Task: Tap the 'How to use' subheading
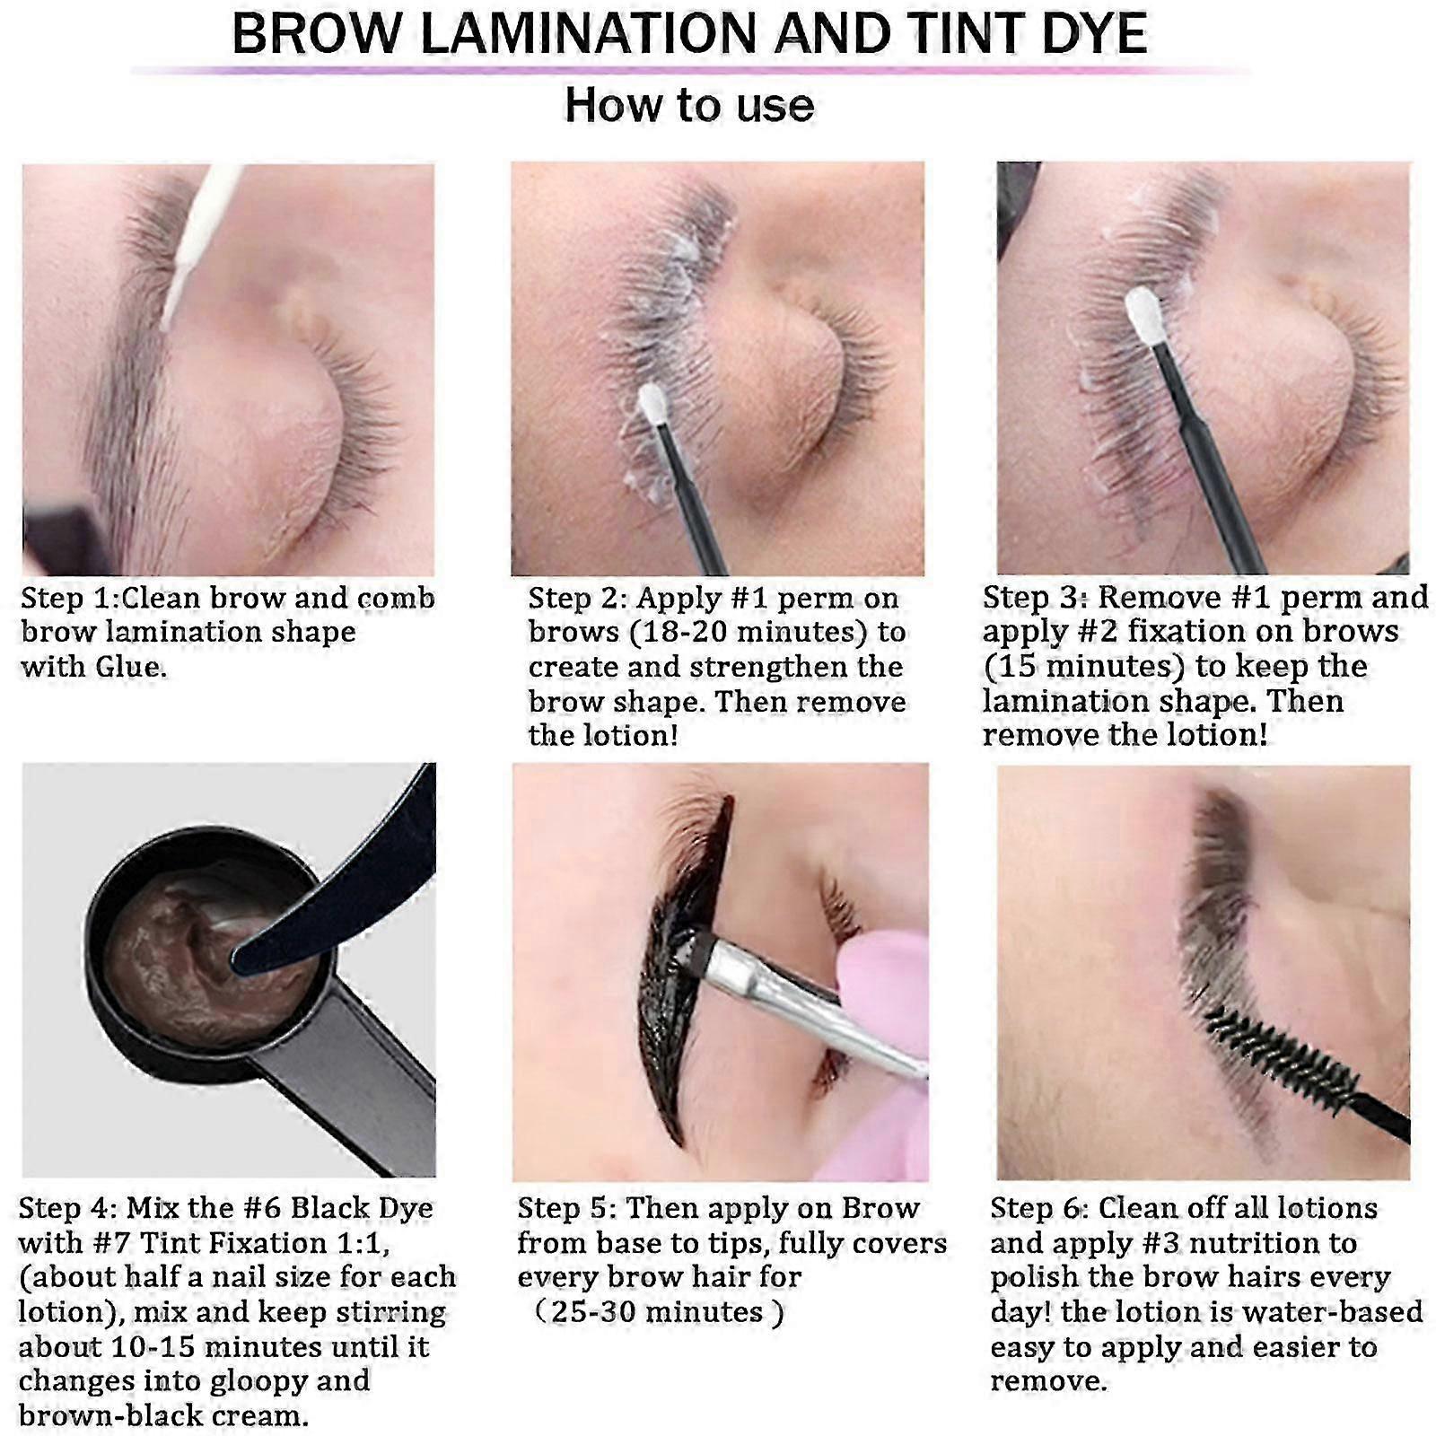click(689, 105)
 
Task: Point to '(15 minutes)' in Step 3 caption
click(1084, 666)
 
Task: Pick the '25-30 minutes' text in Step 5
click(657, 1312)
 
